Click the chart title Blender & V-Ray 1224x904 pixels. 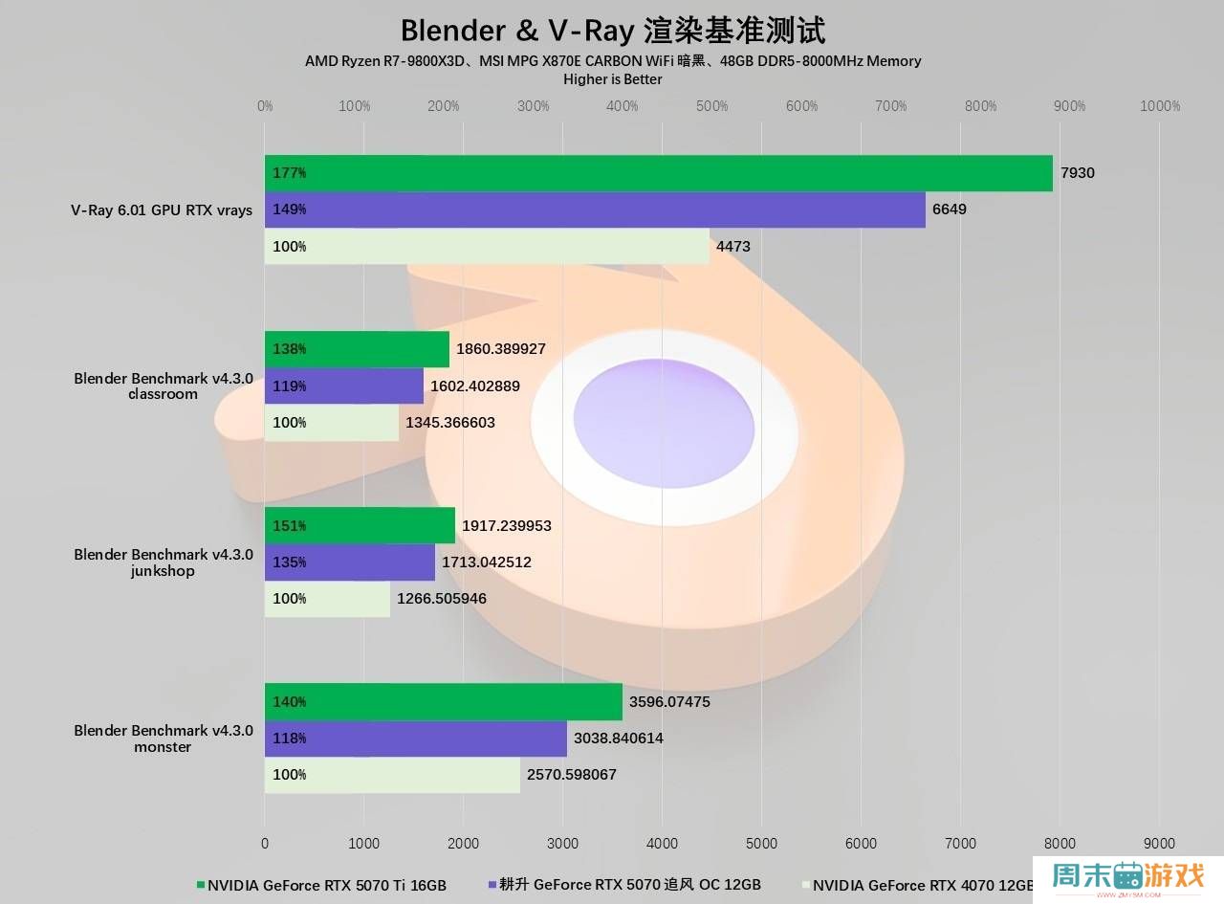[612, 30]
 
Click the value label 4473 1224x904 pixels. [732, 247]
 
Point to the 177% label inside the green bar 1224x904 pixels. [289, 173]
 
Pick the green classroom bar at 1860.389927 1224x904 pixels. [357, 349]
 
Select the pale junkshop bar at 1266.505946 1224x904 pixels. [327, 599]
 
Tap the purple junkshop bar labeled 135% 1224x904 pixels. [349, 562]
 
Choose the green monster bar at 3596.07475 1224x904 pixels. [443, 701]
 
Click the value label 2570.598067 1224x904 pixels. [572, 775]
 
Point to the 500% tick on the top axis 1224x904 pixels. [711, 106]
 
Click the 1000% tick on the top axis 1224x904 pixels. [1160, 106]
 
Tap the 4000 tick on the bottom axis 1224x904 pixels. [662, 844]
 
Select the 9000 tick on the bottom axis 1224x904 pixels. [1159, 844]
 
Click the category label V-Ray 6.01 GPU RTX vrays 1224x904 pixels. [162, 210]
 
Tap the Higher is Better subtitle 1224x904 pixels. [612, 79]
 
